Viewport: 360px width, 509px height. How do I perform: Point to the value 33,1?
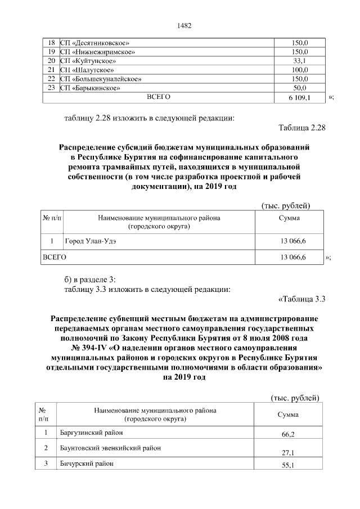click(299, 61)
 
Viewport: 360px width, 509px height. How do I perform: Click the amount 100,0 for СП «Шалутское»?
click(299, 70)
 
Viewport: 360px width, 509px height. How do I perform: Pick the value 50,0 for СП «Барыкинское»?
click(299, 88)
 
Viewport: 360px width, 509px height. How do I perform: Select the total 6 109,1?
click(299, 97)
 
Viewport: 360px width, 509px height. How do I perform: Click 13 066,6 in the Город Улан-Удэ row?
click(289, 241)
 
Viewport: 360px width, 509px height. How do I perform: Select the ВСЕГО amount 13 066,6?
click(289, 257)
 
